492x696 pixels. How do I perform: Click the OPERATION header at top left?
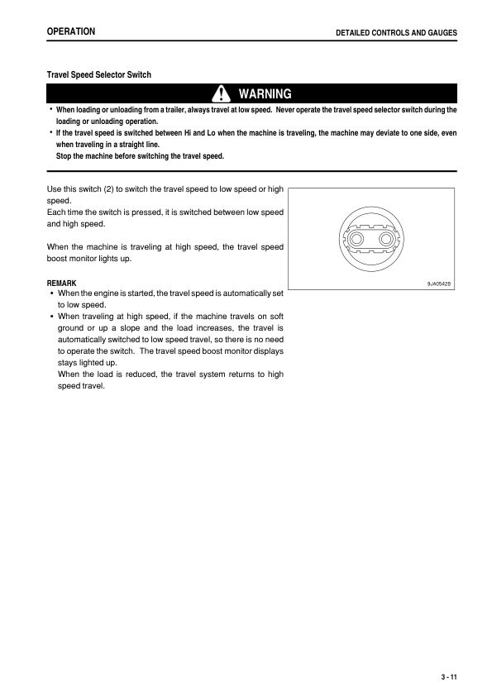pyautogui.click(x=70, y=31)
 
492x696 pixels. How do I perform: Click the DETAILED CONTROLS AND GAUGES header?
pyautogui.click(x=395, y=32)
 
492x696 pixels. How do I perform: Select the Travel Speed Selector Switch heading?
pyautogui.click(x=98, y=74)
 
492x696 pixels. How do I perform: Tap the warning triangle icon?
pyautogui.click(x=222, y=93)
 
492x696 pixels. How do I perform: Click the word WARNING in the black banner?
pyautogui.click(x=265, y=93)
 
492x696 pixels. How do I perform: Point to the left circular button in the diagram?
pyautogui.click(x=358, y=239)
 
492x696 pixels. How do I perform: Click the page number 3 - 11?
pyautogui.click(x=449, y=677)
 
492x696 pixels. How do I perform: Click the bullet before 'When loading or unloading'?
pyautogui.click(x=50, y=109)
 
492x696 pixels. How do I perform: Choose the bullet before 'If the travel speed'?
pyautogui.click(x=50, y=132)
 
